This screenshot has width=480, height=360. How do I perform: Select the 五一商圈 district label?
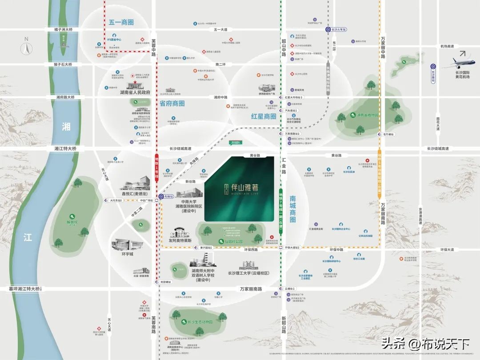tap(121, 22)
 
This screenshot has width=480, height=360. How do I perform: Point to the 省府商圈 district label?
tap(172, 103)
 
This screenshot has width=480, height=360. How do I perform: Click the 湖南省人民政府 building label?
tap(135, 93)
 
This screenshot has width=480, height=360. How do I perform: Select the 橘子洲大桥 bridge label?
tap(63, 29)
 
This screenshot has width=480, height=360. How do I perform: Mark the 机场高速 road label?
tap(447, 46)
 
